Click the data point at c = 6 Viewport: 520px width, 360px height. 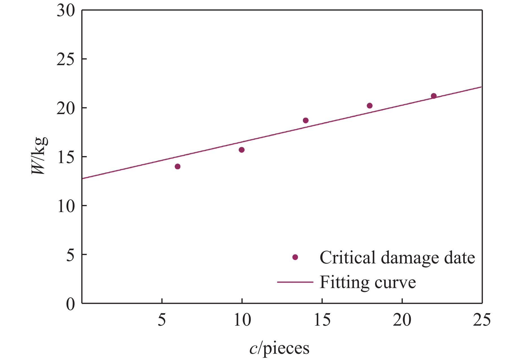(178, 166)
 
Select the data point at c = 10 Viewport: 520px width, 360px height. (242, 150)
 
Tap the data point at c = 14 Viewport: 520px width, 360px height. (306, 120)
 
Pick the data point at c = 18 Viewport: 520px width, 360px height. (370, 106)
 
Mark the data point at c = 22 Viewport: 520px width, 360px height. (434, 96)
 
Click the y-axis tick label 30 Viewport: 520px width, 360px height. (66, 11)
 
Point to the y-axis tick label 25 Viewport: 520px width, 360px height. (66, 60)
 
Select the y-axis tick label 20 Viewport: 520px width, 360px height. (66, 108)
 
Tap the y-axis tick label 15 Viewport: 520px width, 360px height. (66, 157)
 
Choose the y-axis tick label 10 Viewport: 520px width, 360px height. (66, 206)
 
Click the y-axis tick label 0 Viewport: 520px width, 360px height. (70, 304)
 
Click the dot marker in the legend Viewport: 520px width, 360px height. (295, 257)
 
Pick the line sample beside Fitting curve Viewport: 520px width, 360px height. (295, 282)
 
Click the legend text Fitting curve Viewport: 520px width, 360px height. (368, 282)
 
